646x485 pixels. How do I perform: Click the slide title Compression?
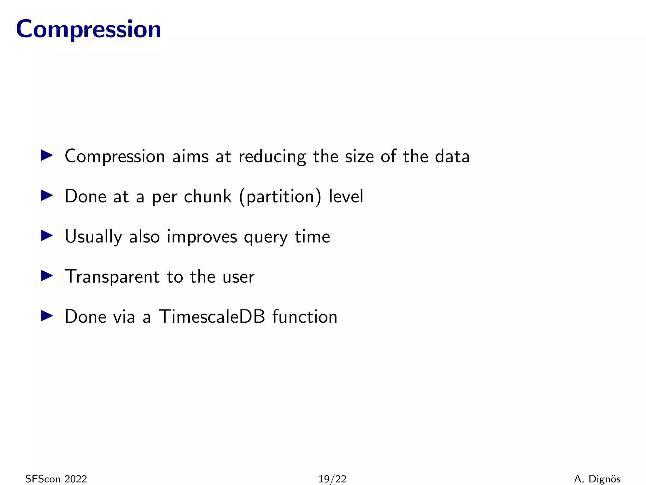88,29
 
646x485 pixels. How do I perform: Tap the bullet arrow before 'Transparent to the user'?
47,276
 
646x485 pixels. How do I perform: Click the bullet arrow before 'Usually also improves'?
47,236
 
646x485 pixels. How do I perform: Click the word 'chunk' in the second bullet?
208,196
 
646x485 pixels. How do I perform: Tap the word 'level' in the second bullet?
346,196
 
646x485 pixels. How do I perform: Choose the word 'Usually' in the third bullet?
93,237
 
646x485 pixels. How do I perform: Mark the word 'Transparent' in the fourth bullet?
112,277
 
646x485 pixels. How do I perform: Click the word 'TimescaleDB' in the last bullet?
211,316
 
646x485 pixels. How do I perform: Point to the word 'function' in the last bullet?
305,316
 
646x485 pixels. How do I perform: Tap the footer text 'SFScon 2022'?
56,479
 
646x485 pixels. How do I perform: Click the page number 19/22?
332,479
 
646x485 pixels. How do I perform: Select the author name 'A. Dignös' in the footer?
597,479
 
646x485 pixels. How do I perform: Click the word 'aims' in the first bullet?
190,156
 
